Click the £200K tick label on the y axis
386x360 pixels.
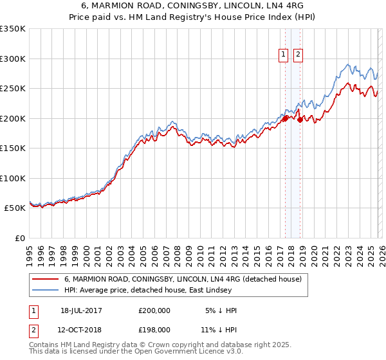click(x=13, y=118)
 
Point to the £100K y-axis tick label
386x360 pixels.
click(x=13, y=178)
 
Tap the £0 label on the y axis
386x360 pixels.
click(x=21, y=238)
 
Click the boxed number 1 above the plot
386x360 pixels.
click(x=284, y=55)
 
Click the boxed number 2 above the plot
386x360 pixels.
click(x=299, y=55)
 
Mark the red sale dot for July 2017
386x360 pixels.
click(x=285, y=118)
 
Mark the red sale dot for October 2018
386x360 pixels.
click(x=299, y=120)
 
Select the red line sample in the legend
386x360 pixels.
click(x=45, y=279)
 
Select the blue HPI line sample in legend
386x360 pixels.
click(x=45, y=290)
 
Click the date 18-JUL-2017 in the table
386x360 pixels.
click(x=81, y=310)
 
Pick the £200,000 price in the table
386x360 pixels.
click(x=154, y=310)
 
